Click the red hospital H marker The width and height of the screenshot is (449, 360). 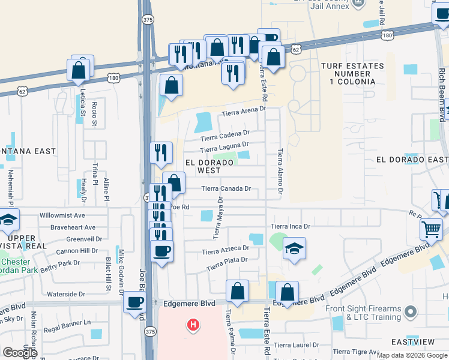point(193,325)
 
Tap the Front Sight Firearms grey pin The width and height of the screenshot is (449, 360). point(411,312)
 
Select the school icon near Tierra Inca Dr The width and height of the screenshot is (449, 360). point(294,248)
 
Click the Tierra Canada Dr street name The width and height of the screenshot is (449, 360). point(226,188)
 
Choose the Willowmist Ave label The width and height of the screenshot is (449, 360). point(62,215)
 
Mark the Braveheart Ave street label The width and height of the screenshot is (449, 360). point(73,227)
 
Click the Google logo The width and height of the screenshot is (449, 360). point(20,352)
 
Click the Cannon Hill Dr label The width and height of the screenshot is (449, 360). point(77,250)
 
